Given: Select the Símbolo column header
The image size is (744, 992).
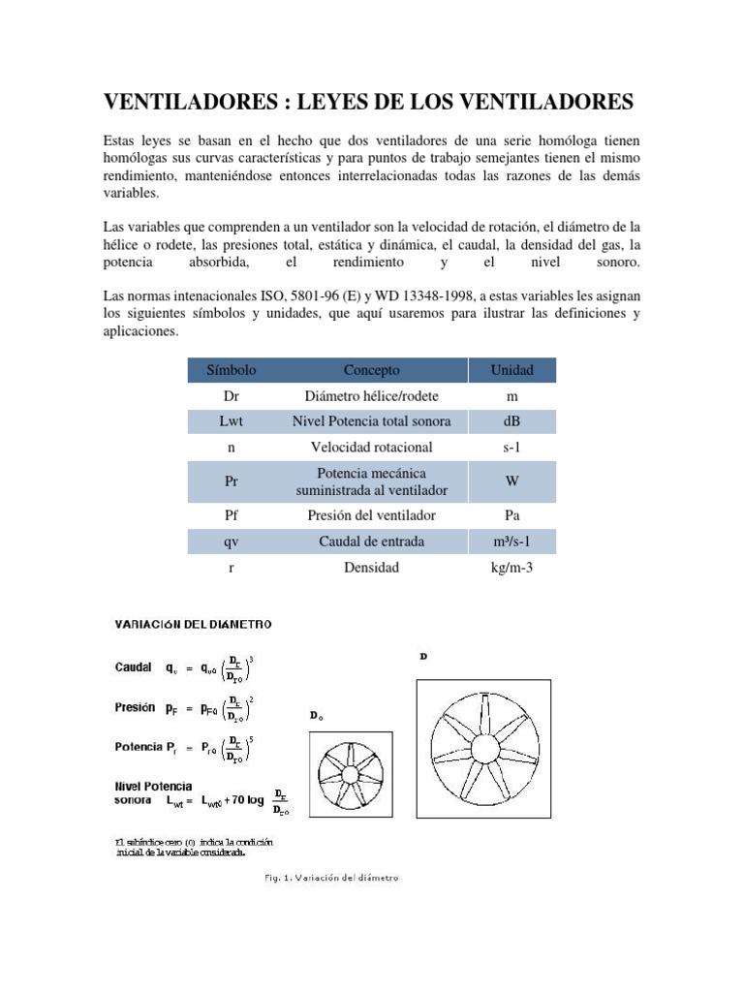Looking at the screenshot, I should click(231, 370).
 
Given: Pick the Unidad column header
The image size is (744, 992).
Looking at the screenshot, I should click(512, 370).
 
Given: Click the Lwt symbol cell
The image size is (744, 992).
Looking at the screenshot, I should click(231, 421).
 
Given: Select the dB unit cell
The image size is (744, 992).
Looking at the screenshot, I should click(512, 421).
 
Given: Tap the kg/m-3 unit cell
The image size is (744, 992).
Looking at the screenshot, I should click(512, 568).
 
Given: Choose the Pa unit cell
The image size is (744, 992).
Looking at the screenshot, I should click(512, 516).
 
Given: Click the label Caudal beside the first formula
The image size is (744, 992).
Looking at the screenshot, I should click(134, 667).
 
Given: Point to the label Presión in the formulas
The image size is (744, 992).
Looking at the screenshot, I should click(135, 708).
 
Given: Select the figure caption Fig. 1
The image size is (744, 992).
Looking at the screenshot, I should click(332, 879).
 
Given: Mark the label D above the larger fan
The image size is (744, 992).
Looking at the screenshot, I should click(422, 656).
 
